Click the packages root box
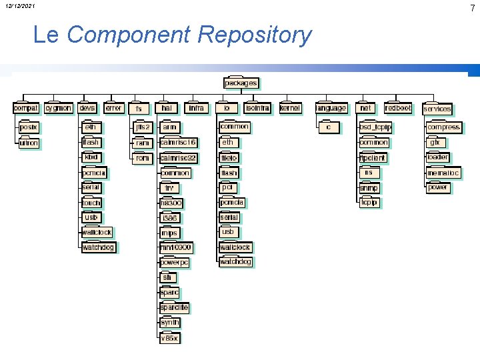pyautogui.click(x=241, y=83)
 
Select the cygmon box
pyautogui.click(x=58, y=108)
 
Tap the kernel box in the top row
pyautogui.click(x=290, y=108)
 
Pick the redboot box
pyautogui.click(x=398, y=108)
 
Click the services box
pyautogui.click(x=437, y=109)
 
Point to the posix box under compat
pyautogui.click(x=29, y=127)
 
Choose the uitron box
pyautogui.click(x=29, y=143)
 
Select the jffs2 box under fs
pyautogui.click(x=143, y=127)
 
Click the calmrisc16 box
pyautogui.click(x=179, y=143)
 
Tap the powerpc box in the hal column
pyautogui.click(x=175, y=263)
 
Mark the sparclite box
pyautogui.click(x=175, y=307)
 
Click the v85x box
pyautogui.click(x=170, y=338)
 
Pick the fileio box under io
pyautogui.click(x=229, y=158)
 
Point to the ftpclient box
pyautogui.click(x=373, y=158)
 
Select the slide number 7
pyautogui.click(x=472, y=8)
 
